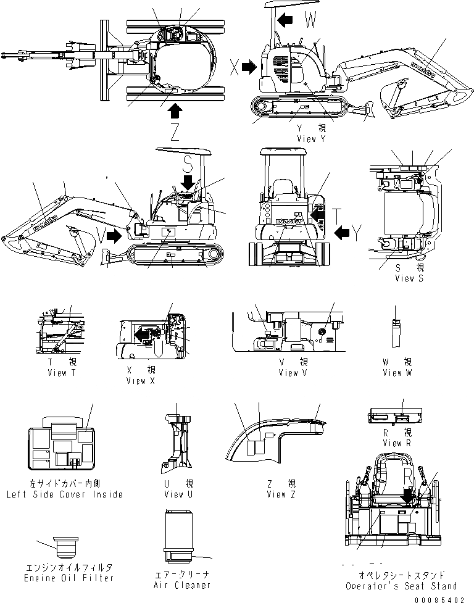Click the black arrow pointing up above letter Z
click(175, 111)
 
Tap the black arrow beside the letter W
click(285, 20)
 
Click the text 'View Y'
click(310, 139)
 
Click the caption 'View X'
click(139, 381)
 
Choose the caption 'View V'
click(292, 372)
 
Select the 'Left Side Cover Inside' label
click(65, 494)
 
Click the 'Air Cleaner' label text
click(181, 584)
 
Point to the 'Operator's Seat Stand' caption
click(401, 586)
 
